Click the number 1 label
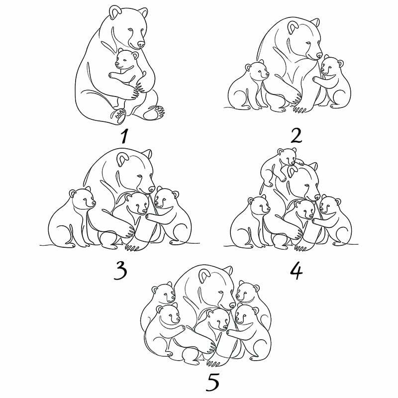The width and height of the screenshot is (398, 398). tap(124, 136)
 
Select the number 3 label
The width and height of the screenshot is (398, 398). tap(120, 271)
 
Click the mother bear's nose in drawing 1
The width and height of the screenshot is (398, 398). tap(141, 45)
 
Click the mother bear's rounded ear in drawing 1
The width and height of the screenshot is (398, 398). tap(115, 12)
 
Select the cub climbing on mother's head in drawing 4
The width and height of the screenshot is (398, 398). tap(282, 165)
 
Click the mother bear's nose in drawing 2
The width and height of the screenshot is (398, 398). tap(319, 56)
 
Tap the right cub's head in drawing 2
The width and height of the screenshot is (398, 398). tap(331, 66)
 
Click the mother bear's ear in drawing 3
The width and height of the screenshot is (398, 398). tap(122, 159)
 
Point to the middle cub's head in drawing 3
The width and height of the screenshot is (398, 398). tap(137, 203)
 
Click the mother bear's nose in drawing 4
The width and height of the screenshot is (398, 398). tap(316, 197)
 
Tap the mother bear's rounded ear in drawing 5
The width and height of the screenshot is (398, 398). tap(204, 276)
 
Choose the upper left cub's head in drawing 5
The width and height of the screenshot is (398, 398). tap(164, 293)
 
